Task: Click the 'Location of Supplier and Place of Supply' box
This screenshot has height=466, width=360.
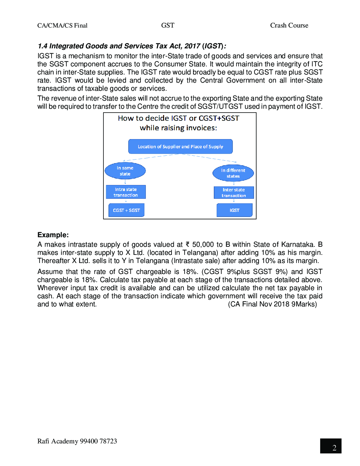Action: [180, 147]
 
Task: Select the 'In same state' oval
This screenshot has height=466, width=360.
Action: [125, 171]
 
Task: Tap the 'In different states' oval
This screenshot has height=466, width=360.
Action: [233, 173]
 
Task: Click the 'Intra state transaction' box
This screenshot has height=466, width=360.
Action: [126, 192]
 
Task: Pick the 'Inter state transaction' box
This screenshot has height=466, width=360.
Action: [234, 192]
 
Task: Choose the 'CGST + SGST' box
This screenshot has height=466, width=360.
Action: [126, 210]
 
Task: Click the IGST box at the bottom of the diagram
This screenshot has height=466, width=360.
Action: [234, 210]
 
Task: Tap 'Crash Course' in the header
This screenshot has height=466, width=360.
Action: [289, 25]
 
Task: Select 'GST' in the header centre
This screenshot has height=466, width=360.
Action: [168, 25]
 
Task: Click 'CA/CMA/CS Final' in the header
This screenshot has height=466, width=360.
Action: [62, 25]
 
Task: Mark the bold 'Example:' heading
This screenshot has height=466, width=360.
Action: [53, 235]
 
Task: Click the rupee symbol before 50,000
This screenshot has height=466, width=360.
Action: [188, 244]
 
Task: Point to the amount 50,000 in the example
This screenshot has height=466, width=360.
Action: [203, 245]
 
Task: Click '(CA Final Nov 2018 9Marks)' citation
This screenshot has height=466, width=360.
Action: [272, 304]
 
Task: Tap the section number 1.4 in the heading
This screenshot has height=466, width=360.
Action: [42, 46]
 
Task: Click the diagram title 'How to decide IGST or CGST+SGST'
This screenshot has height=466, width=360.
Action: [179, 118]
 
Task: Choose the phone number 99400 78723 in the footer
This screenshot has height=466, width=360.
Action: [98, 441]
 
